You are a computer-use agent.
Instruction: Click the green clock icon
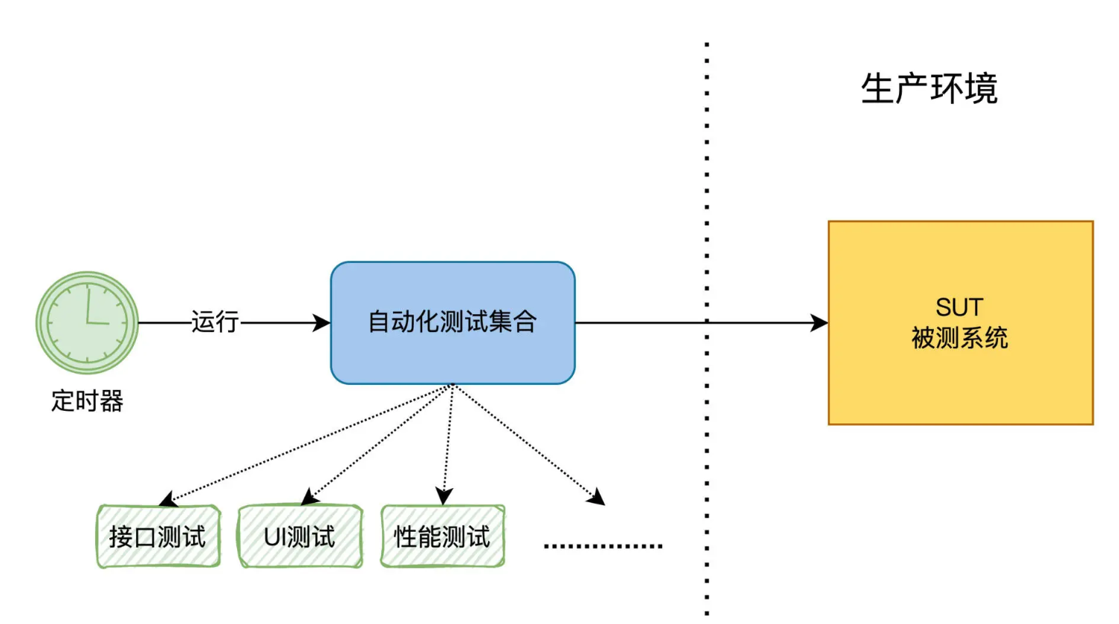click(87, 322)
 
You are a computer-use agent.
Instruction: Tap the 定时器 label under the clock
click(87, 401)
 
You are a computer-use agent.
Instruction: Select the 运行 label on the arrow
click(215, 322)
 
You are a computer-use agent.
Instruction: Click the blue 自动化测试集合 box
click(453, 322)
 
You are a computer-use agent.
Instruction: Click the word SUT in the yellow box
click(959, 307)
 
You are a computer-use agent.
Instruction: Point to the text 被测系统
click(959, 339)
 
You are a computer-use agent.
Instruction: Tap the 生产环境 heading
click(929, 89)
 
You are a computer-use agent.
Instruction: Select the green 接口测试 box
click(158, 536)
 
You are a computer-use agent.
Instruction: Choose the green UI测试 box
click(299, 536)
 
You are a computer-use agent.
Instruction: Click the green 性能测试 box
click(442, 536)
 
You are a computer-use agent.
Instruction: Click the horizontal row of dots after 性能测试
click(603, 546)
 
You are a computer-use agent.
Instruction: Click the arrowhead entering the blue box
click(322, 322)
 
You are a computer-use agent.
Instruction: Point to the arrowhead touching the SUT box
click(820, 322)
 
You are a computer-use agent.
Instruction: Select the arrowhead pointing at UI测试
click(309, 497)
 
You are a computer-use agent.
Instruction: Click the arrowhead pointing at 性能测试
click(444, 496)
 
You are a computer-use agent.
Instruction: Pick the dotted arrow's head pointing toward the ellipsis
click(597, 498)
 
